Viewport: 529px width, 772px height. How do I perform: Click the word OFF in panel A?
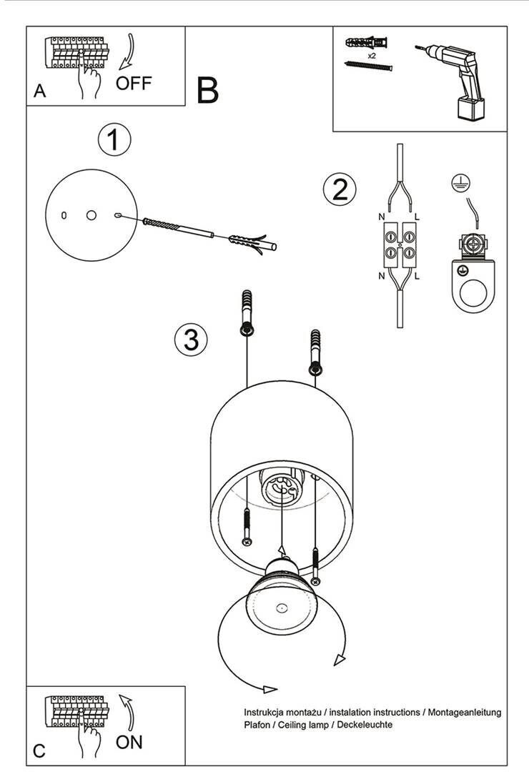(134, 83)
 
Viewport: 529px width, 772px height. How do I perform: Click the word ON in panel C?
(129, 742)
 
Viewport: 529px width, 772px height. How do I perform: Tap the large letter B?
(207, 90)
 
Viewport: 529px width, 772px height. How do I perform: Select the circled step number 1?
(114, 140)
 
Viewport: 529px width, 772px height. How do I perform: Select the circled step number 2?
(340, 189)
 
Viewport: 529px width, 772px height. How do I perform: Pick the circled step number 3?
(191, 340)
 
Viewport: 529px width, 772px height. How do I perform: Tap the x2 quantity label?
(372, 56)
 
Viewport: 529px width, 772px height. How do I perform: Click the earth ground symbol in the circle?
(460, 183)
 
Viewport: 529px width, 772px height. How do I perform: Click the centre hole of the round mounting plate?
(91, 215)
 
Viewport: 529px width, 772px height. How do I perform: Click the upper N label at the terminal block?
(382, 217)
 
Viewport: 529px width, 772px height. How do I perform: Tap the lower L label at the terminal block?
(417, 276)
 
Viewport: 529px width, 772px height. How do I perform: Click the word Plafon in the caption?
(257, 724)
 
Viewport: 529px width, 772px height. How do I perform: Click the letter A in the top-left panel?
(40, 91)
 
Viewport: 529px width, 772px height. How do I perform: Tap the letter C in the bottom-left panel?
(39, 751)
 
